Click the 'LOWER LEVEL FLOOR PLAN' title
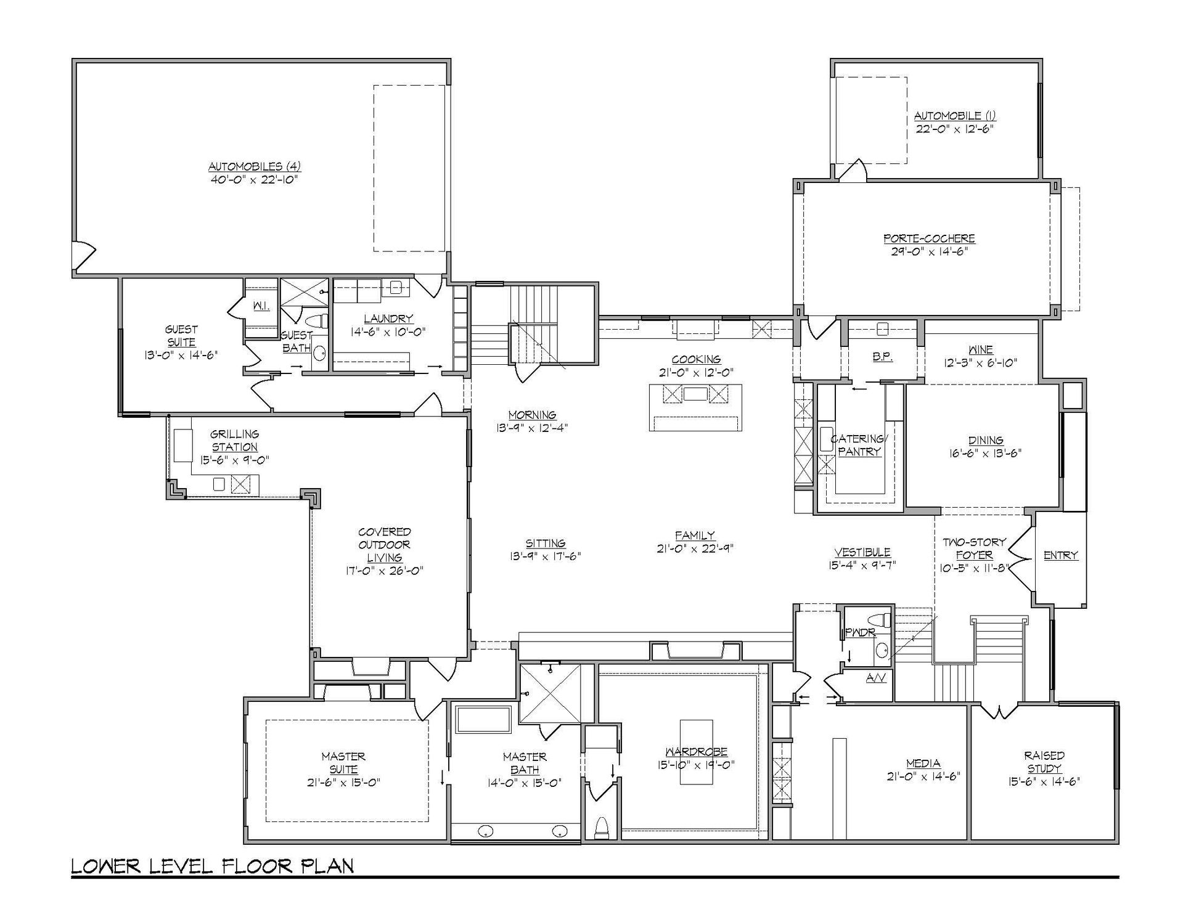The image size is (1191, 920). click(213, 866)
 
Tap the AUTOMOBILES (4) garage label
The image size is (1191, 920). click(255, 166)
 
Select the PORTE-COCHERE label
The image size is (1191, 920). click(929, 238)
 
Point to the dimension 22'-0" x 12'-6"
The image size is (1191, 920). click(954, 129)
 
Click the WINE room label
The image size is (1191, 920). click(981, 349)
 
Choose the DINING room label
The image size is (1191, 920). click(986, 440)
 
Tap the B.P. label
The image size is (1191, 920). click(883, 357)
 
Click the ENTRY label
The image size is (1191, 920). click(1061, 555)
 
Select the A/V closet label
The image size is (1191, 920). click(875, 678)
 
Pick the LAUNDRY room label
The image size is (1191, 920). click(388, 319)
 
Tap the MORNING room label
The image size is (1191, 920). click(532, 415)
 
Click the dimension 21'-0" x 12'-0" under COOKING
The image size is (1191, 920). click(696, 372)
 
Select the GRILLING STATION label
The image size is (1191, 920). click(234, 441)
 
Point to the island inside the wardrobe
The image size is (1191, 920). click(697, 752)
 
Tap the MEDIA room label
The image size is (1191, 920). click(923, 763)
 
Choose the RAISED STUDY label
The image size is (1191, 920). click(1044, 762)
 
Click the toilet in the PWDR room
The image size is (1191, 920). click(879, 619)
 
